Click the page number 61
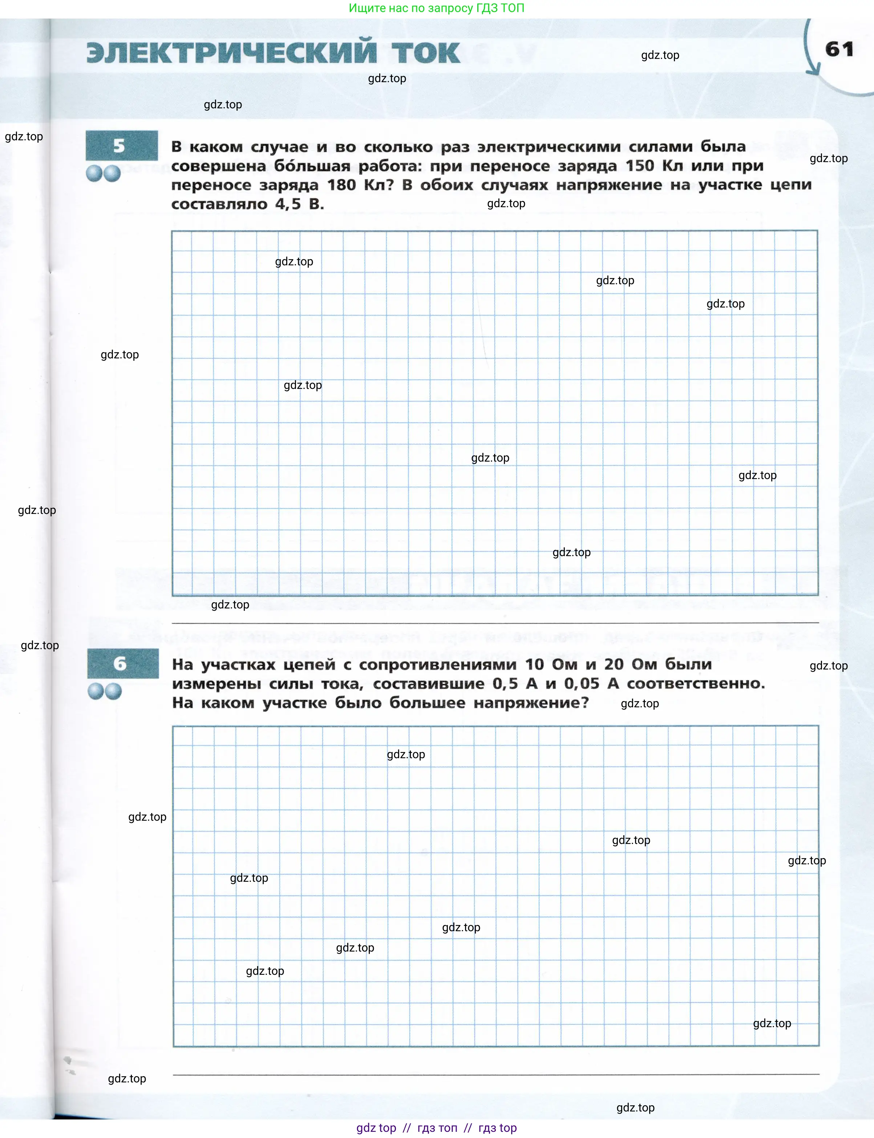pyautogui.click(x=839, y=49)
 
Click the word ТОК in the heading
pyautogui.click(x=425, y=53)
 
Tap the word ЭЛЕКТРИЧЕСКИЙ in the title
pyautogui.click(x=231, y=53)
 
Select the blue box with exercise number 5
pyautogui.click(x=122, y=146)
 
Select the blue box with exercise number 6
pyautogui.click(x=123, y=663)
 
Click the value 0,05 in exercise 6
pyautogui.click(x=582, y=684)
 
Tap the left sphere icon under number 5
pyautogui.click(x=94, y=173)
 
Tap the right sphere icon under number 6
pyautogui.click(x=113, y=691)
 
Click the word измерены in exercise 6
pyautogui.click(x=217, y=684)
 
